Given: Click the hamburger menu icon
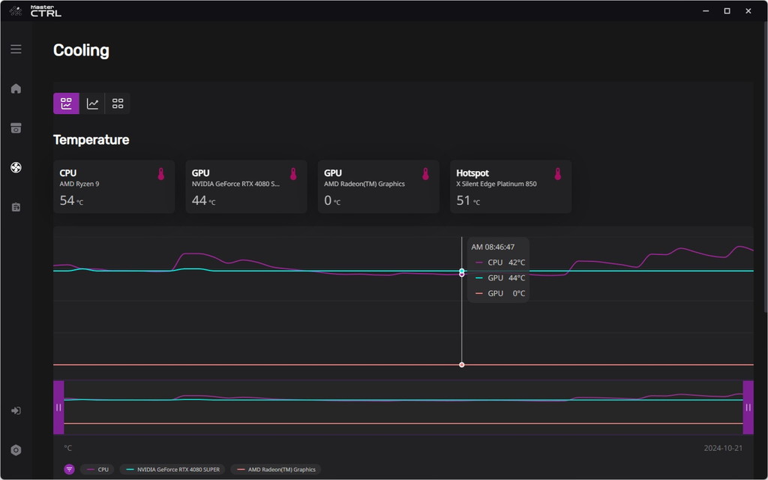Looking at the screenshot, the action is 16,49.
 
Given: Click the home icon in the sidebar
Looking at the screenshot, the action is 16,88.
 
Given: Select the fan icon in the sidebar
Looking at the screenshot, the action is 16,167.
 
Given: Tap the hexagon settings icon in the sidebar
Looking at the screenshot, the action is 16,450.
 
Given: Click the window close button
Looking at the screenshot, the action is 748,10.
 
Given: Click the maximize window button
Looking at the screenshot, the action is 727,10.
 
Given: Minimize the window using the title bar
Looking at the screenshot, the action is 706,10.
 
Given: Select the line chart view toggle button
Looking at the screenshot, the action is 92,103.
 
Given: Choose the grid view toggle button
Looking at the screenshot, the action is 118,103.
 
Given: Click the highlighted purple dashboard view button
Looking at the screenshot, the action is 66,103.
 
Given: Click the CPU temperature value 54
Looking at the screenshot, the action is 67,200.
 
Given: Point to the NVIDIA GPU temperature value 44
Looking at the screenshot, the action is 199,200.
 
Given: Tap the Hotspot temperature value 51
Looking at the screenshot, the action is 463,200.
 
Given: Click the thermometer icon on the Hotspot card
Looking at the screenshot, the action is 558,174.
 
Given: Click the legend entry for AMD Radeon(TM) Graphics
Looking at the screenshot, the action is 276,469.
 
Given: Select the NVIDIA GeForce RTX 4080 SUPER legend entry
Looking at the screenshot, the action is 173,469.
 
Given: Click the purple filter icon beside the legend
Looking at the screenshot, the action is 70,469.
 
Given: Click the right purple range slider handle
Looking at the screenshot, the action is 748,407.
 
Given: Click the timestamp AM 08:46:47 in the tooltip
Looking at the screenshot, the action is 493,247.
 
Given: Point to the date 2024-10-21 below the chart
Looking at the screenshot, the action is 723,448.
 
